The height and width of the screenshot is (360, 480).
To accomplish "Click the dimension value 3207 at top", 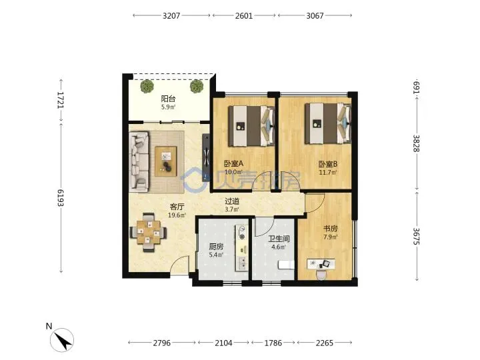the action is pos(171,15).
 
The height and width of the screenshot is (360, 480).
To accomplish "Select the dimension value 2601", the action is pos(244,15).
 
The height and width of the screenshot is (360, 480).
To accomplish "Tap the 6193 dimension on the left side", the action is pos(61,198).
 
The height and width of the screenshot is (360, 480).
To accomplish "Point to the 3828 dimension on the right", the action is pos(417,143).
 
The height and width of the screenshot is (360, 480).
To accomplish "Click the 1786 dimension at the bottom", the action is pos(273,343).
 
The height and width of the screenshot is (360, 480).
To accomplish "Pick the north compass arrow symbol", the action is pos(62,340).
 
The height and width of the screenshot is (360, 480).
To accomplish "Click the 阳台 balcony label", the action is pos(169,99).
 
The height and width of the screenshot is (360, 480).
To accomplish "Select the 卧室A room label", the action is pos(233,164).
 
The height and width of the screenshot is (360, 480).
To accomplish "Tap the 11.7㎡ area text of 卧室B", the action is pos(328,173).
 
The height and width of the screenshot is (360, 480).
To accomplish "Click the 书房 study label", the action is pos(331,229).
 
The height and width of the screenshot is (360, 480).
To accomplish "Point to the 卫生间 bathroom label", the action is pos(279,239).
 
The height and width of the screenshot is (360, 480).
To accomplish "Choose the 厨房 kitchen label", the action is pos(216,247).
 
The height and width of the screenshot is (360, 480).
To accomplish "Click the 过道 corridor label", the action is pos(232,201).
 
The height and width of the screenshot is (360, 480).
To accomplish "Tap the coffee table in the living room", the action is pos(165,161).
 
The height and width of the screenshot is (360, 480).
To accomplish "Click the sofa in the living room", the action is pos(139,161).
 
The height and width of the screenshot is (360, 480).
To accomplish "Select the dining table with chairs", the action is pos(149,233).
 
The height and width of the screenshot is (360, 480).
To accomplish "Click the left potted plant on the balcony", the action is pos(147,86).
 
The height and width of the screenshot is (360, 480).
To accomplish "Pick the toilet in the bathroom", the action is pos(286,265).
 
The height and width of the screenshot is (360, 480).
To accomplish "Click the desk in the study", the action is pos(321,264).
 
